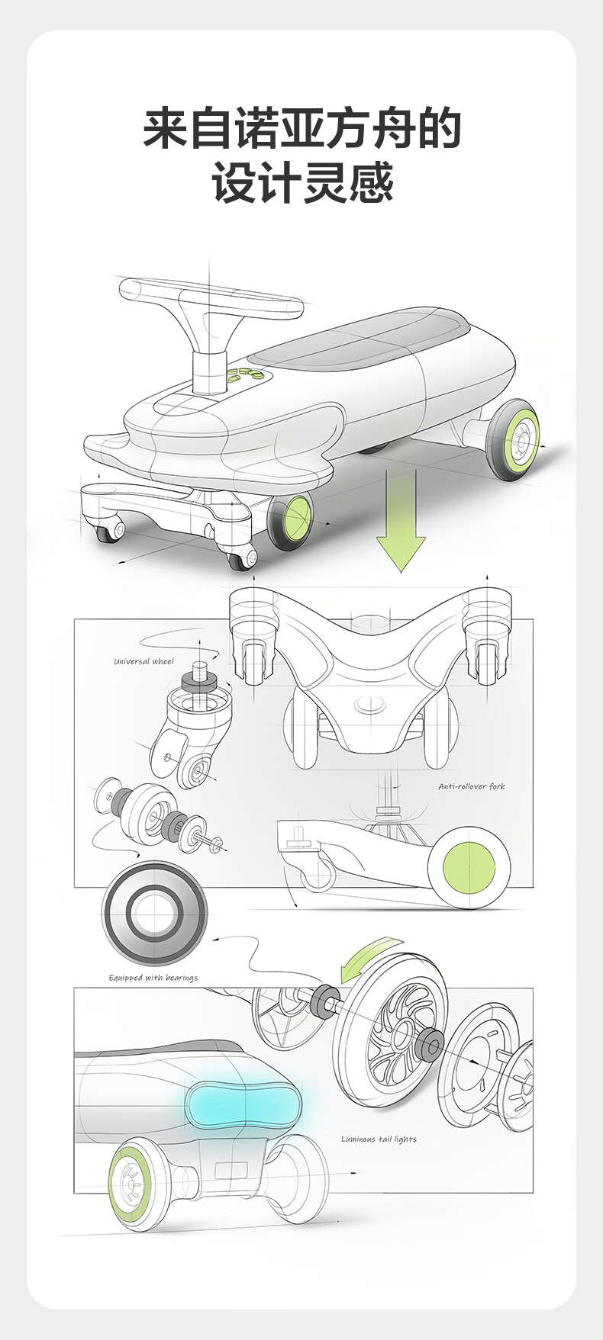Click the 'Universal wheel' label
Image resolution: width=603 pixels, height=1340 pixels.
(x=143, y=661)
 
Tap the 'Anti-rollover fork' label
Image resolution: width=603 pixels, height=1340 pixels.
(x=472, y=786)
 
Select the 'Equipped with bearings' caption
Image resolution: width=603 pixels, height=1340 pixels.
(x=153, y=978)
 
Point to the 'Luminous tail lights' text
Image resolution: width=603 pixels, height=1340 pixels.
(x=379, y=1139)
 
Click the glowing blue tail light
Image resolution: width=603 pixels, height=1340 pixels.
(x=243, y=1105)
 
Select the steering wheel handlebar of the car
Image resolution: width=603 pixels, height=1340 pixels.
(x=211, y=300)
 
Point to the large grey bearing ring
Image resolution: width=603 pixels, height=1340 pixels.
(x=155, y=912)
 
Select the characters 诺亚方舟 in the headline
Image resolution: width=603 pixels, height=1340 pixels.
(x=302, y=129)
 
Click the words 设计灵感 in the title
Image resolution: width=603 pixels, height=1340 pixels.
(x=303, y=183)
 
